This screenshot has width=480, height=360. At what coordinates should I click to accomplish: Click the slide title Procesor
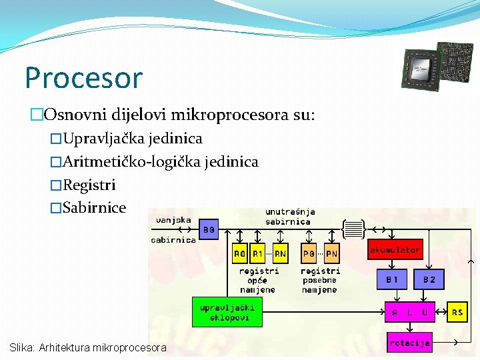pos(83,78)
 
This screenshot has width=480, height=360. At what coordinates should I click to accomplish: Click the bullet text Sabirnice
pos(94,207)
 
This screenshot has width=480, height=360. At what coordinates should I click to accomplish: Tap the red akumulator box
pos(395,250)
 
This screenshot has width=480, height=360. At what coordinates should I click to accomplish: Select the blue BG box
pos(209,229)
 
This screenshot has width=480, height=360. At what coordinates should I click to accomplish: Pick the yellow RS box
pos(457,312)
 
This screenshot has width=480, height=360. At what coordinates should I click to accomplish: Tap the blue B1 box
pos(391,279)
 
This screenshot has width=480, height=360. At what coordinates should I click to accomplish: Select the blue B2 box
pos(429,279)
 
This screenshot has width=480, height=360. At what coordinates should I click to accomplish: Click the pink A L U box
pos(409,312)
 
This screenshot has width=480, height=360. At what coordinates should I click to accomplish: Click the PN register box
pos(331,254)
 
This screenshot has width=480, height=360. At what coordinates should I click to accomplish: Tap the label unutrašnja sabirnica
pos(290,217)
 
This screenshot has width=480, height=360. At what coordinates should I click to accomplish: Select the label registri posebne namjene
pos(320,281)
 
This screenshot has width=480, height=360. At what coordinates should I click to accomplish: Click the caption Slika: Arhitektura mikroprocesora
pos(88,347)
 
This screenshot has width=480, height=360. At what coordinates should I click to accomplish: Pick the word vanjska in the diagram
pos(173,219)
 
